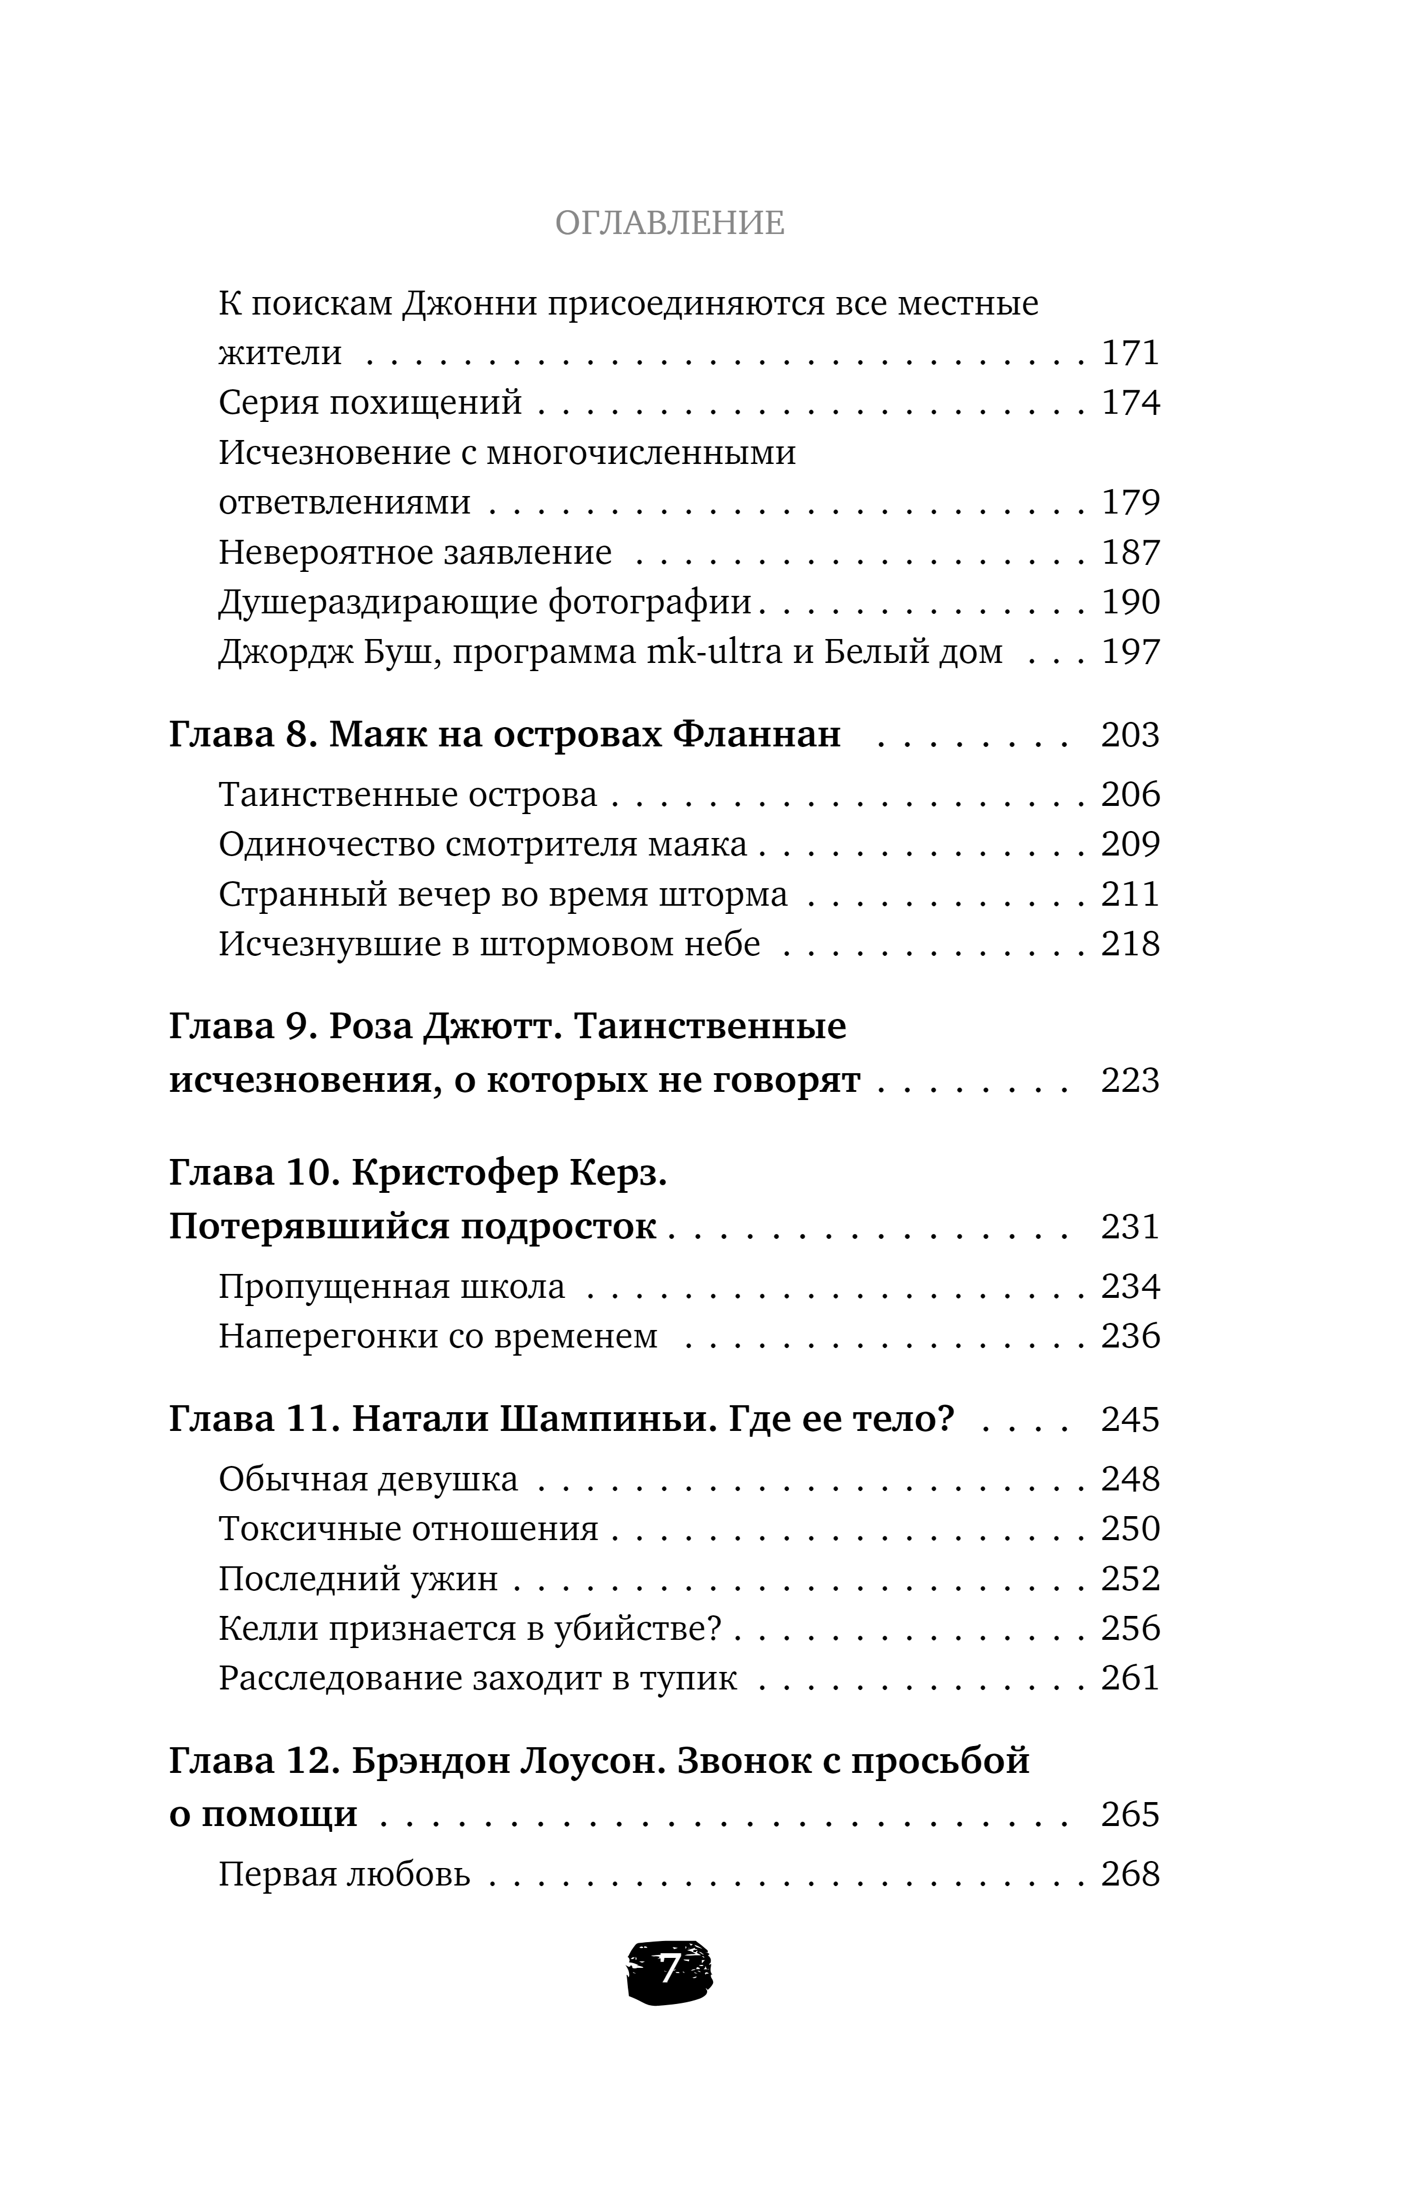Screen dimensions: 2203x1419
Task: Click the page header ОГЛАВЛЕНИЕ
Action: [670, 223]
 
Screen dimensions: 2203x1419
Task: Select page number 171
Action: [1131, 353]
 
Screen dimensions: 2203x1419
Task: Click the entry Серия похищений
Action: [371, 403]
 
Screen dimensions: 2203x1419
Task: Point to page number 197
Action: [1131, 651]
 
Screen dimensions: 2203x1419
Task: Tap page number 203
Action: [1131, 734]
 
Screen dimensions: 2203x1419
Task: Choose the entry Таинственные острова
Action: [407, 794]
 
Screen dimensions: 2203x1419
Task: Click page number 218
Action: [1131, 944]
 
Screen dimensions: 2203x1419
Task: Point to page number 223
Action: [1131, 1079]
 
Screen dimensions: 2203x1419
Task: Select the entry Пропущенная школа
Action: [392, 1286]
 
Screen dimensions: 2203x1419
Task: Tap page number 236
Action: [1131, 1336]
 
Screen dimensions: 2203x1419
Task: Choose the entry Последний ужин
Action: [358, 1579]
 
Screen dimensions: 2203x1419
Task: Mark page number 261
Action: [1131, 1678]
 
